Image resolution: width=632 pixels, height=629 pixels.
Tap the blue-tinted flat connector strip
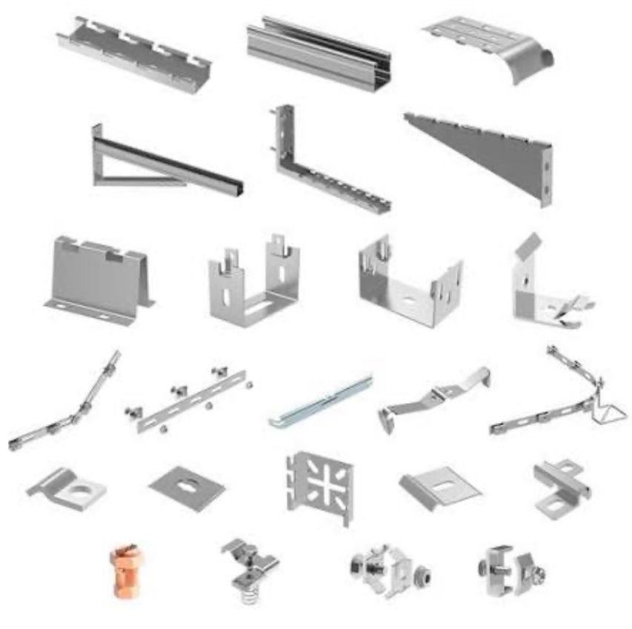point(321,402)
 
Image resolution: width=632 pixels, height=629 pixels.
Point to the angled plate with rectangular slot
point(439,486)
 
